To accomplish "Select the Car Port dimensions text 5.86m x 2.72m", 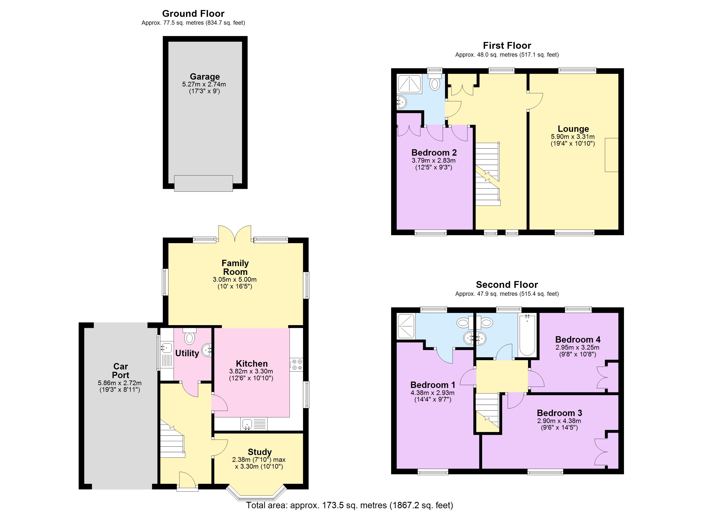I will pos(120,383).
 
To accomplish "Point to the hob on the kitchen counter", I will pos(296,365).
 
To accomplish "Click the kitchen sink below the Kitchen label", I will pos(247,424).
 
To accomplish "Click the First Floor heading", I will pos(507,46).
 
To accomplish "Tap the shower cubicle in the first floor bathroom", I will pos(409,84).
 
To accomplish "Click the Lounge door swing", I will pos(535,101).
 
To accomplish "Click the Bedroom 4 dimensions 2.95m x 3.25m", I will pos(577,347).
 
